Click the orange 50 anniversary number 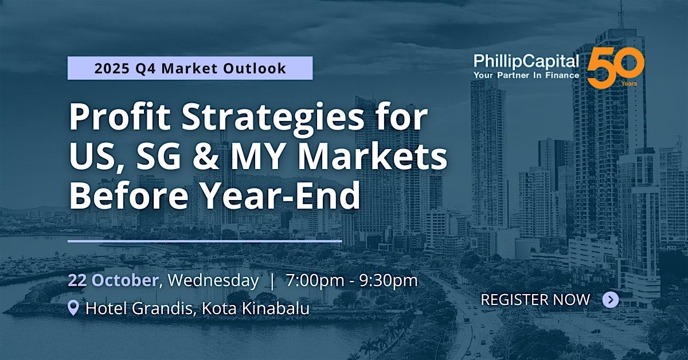tap(616, 68)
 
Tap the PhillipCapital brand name tap(526, 61)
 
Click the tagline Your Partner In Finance tap(526, 76)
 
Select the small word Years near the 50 tap(629, 84)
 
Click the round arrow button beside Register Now tap(611, 299)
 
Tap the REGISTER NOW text tap(535, 299)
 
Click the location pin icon tap(73, 308)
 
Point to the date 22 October tap(113, 280)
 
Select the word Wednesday tap(213, 281)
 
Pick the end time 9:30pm tap(389, 281)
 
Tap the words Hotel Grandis tap(139, 308)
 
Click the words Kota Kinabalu tap(256, 308)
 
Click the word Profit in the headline tap(120, 118)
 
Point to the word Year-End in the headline tap(282, 195)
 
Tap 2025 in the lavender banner tap(112, 68)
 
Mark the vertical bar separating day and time tap(272, 281)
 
